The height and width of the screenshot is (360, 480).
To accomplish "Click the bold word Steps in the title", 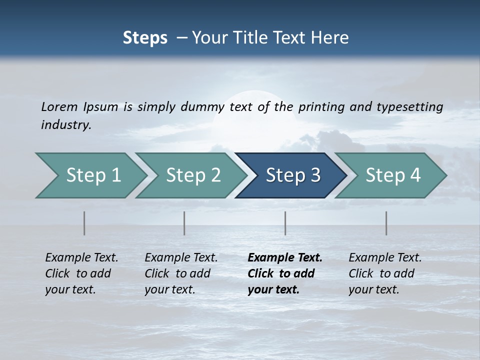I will [145, 38].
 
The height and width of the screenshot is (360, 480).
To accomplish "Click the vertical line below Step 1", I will [84, 223].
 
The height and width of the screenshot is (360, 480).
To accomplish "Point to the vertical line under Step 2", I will [184, 223].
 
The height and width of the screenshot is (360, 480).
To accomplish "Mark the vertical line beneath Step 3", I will [285, 223].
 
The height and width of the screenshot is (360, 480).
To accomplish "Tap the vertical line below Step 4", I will [386, 223].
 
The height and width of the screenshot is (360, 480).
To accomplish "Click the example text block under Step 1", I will [81, 273].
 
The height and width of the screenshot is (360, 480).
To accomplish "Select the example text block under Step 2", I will [181, 273].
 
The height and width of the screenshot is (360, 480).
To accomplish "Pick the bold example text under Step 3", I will [285, 273].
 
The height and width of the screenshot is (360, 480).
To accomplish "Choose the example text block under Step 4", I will [385, 273].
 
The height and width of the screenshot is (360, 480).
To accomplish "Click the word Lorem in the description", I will [59, 106].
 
